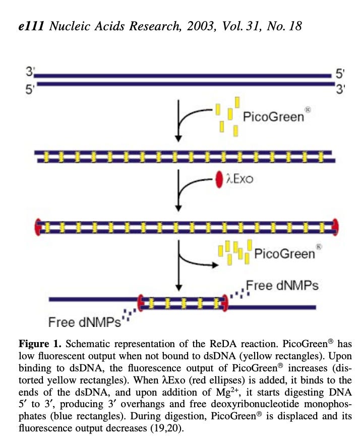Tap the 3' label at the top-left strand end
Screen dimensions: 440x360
30,71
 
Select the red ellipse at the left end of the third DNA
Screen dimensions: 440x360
38,227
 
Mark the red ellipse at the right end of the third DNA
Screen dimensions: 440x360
335,227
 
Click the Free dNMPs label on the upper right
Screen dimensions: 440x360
282,286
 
